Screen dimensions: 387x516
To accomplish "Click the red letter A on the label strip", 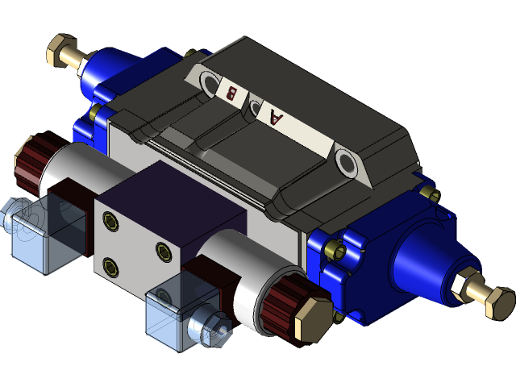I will pyautogui.click(x=277, y=119).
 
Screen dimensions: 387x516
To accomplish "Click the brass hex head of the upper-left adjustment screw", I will pyautogui.click(x=61, y=50).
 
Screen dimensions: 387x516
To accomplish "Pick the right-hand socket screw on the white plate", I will pyautogui.click(x=162, y=251).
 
